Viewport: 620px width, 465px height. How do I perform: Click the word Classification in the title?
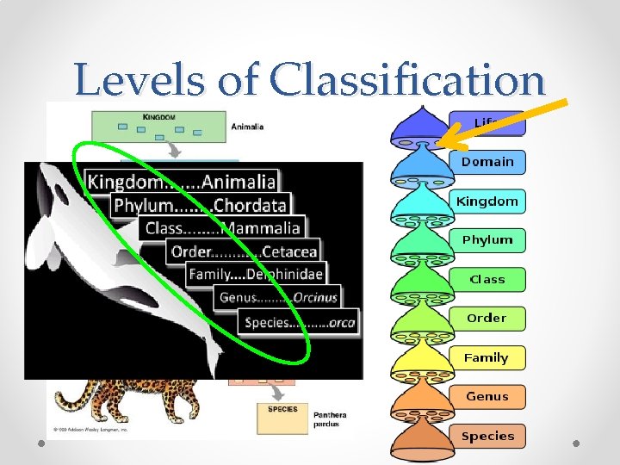click(x=406, y=81)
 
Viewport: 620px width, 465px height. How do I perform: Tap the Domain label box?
click(x=487, y=162)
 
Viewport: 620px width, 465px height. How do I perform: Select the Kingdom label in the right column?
click(x=487, y=201)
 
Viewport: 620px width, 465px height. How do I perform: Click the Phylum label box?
click(x=487, y=240)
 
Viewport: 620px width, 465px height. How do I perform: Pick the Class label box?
click(x=487, y=279)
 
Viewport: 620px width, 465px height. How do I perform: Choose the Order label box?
click(x=487, y=318)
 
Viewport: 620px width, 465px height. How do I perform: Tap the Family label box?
click(x=487, y=357)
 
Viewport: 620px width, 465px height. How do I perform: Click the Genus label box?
click(x=487, y=397)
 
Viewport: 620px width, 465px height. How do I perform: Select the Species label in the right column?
click(x=487, y=436)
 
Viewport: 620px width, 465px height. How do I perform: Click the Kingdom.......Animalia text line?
click(x=182, y=182)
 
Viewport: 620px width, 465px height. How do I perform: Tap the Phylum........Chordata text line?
click(x=200, y=206)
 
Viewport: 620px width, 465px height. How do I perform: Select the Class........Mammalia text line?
click(x=223, y=228)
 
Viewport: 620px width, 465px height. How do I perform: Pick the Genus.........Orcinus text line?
click(x=278, y=297)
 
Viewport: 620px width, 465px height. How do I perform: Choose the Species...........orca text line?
click(x=300, y=322)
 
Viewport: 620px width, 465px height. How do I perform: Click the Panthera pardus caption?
click(x=331, y=419)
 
